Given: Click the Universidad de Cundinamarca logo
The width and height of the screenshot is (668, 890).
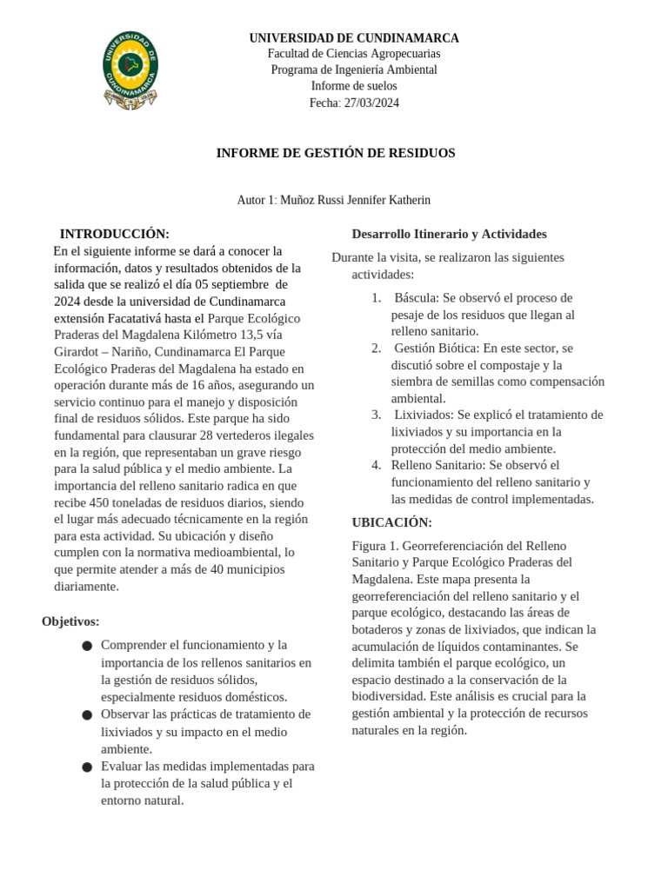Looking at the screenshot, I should [x=130, y=70].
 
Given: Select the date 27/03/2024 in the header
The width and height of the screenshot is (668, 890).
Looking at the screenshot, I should [x=370, y=103].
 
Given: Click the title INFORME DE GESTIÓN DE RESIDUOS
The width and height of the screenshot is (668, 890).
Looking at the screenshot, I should [x=336, y=153].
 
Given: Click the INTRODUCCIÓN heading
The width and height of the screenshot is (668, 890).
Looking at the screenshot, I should [x=114, y=234].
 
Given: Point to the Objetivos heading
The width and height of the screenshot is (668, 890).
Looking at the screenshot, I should [x=70, y=621].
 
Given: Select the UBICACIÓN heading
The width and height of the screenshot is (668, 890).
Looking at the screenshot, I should [x=391, y=522].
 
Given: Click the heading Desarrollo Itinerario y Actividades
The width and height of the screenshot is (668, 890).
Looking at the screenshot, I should [x=449, y=234].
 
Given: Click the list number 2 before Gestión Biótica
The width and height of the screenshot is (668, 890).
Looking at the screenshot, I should [x=376, y=348].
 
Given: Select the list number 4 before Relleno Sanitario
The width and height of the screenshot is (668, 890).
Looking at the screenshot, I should [x=376, y=465].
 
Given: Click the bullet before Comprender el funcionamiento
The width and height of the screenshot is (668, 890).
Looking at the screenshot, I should [x=87, y=646].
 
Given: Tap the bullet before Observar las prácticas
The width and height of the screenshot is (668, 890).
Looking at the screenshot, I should [x=87, y=714].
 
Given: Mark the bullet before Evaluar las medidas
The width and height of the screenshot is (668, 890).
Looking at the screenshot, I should [x=87, y=767].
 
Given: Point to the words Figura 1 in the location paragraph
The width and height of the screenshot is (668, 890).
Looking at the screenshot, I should [x=375, y=546].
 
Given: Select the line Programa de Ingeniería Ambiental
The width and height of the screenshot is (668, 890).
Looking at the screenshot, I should [x=354, y=70].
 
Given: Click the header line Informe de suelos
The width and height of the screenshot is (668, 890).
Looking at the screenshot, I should [x=354, y=86].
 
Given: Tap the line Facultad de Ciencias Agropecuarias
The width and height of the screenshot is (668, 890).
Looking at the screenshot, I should [x=354, y=54].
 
